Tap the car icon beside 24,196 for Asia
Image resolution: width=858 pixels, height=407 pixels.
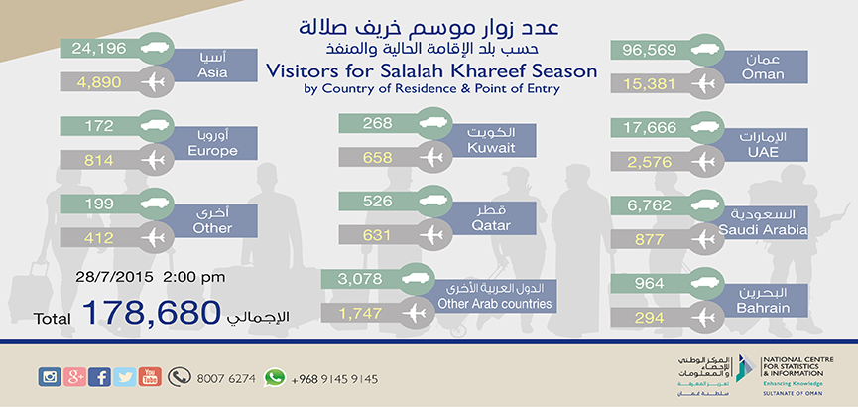pyautogui.click(x=155, y=49)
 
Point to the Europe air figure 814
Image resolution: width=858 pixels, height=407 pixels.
pyautogui.click(x=98, y=161)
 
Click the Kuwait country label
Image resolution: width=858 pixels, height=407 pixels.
pyautogui.click(x=485, y=148)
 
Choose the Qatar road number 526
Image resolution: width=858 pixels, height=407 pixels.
pyautogui.click(x=378, y=202)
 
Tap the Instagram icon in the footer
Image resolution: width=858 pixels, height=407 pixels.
pyautogui.click(x=50, y=377)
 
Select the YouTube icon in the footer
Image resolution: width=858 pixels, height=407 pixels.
pyautogui.click(x=150, y=377)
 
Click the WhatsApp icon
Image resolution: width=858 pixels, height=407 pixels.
pyautogui.click(x=274, y=377)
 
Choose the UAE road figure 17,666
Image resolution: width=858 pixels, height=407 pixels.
pyautogui.click(x=650, y=128)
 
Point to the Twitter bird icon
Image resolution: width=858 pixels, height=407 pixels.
pyautogui.click(x=125, y=377)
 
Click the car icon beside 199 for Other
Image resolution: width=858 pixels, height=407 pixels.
pyautogui.click(x=155, y=203)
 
